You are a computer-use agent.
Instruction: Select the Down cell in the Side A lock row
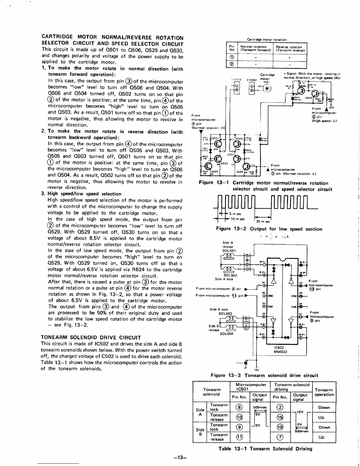tap(324, 407)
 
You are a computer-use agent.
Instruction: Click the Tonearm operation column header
tap(324, 392)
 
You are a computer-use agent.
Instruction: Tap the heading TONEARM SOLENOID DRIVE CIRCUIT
tap(91, 337)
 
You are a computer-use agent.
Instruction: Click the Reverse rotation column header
tap(289, 49)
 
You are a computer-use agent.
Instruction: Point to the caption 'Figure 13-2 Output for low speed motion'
tap(269, 229)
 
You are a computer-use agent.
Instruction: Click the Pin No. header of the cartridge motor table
tap(232, 48)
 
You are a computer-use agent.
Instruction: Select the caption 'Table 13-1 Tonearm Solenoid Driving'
tap(265, 449)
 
